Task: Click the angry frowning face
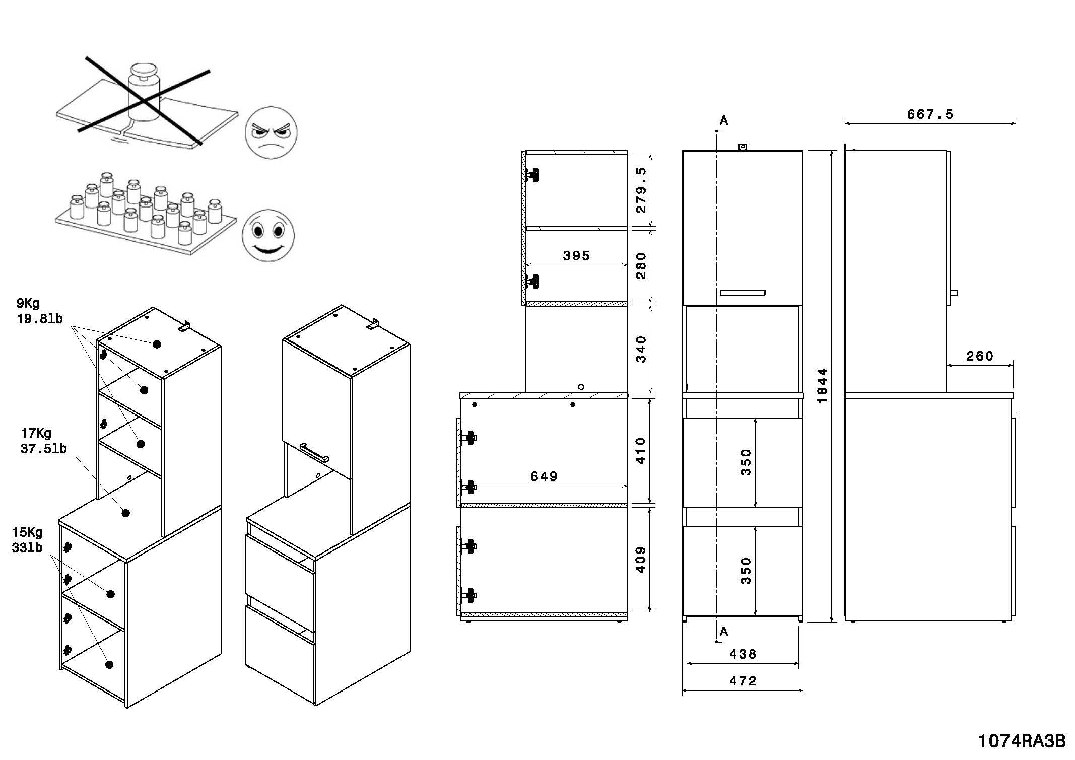271,133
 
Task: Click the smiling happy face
268,235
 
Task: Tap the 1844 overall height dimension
822,385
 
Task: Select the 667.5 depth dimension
930,115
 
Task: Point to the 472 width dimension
743,681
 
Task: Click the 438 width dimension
743,654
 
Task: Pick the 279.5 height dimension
641,190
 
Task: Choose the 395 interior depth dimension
576,256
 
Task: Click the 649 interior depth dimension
544,476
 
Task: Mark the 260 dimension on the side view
979,357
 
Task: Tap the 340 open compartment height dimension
641,350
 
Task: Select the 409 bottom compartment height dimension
641,560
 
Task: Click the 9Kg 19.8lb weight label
39,311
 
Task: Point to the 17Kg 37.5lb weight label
43,441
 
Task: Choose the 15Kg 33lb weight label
27,540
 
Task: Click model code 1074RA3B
1022,741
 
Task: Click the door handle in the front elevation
743,293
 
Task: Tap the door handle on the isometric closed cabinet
314,452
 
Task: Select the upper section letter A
724,120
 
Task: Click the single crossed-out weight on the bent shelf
143,93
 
